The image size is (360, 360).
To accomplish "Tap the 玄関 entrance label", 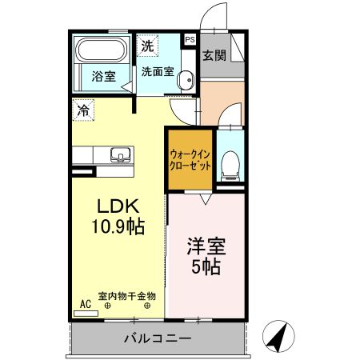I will click(213, 55).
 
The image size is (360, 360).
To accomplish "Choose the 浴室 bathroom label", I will click(103, 77).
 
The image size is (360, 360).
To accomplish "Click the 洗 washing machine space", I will click(147, 46).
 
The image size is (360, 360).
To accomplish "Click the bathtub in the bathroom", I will click(100, 51).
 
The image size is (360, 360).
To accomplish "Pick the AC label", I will click(86, 305).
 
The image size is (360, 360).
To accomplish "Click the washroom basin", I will click(186, 79).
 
